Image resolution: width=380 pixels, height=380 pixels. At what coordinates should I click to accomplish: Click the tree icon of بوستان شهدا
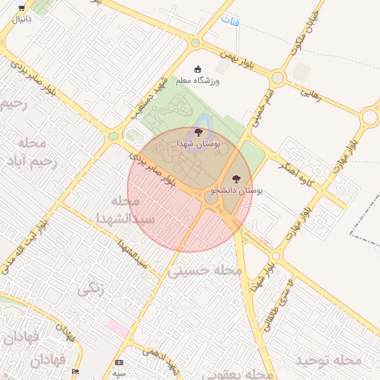(198, 131)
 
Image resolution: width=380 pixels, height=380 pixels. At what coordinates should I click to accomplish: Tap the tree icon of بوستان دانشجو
(236, 178)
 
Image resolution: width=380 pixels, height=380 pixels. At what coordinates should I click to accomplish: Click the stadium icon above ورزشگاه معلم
(197, 69)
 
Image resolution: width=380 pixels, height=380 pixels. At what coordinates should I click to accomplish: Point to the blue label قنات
(234, 22)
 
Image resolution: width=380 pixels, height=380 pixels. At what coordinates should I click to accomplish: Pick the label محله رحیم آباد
(29, 152)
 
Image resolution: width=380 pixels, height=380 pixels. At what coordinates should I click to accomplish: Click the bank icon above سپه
(119, 362)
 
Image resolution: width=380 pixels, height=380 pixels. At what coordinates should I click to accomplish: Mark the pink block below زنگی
(117, 326)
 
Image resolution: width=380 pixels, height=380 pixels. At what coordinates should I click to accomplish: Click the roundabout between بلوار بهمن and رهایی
(278, 77)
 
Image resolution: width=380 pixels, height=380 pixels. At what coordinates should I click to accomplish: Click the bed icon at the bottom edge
(74, 370)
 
